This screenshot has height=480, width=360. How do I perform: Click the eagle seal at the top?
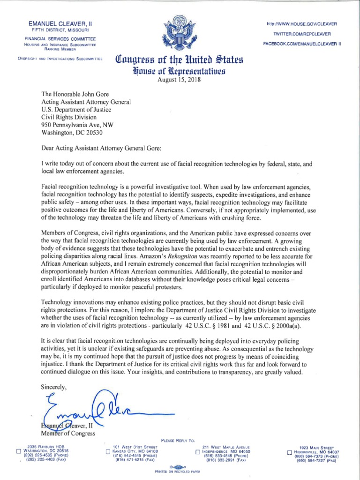[x=180, y=34]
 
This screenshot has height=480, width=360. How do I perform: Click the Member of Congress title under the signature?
[x=68, y=434]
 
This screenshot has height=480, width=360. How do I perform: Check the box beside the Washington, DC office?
[x=19, y=452]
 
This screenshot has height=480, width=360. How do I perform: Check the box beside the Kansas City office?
[x=108, y=452]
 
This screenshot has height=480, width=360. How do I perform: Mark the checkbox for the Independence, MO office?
[x=198, y=452]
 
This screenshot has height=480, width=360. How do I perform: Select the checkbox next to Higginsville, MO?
[x=289, y=452]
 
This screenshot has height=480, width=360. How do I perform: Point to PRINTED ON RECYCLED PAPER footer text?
[x=180, y=471]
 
